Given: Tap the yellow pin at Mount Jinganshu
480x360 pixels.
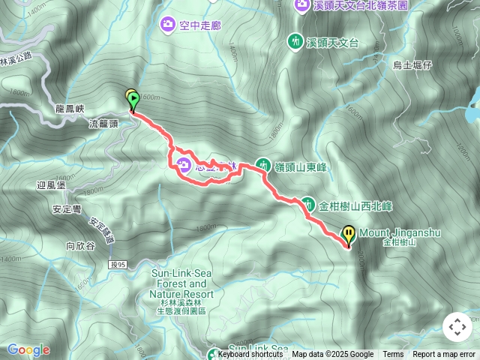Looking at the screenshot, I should tap(349, 235).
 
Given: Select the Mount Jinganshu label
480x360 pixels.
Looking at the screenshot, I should tap(399, 233).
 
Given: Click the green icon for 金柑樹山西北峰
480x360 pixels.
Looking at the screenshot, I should tap(308, 204).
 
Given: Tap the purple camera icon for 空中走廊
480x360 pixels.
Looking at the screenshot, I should tap(167, 25).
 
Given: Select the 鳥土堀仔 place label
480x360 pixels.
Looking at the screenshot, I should tap(412, 65).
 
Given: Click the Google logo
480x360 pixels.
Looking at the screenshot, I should tap(28, 349).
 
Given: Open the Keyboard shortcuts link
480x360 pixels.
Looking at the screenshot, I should tap(249, 355).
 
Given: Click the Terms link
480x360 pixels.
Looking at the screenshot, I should tap(393, 355).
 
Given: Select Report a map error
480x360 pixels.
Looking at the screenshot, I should tap(444, 355).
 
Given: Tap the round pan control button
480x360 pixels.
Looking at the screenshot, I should tap(457, 327).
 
